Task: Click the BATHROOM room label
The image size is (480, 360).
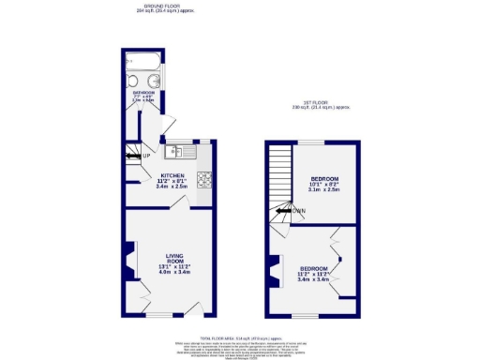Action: (x=143, y=94)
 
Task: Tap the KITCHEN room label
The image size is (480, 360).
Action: (x=172, y=175)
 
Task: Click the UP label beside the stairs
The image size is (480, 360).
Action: (x=147, y=156)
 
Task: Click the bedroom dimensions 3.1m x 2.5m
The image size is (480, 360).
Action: (x=324, y=190)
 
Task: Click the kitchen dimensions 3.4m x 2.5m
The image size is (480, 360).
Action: (x=172, y=187)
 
